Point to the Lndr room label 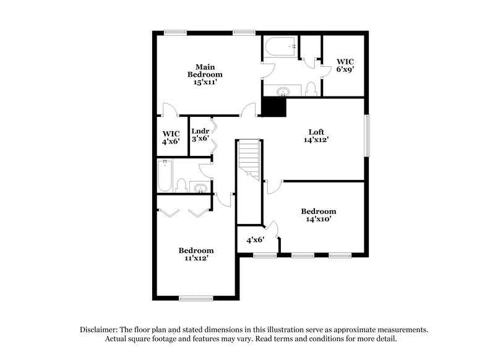(200, 135)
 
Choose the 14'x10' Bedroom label (319, 215)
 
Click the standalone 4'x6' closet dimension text (256, 240)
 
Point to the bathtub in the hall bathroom (165, 175)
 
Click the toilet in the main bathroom (311, 88)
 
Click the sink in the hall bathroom (200, 188)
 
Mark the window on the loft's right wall (368, 135)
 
